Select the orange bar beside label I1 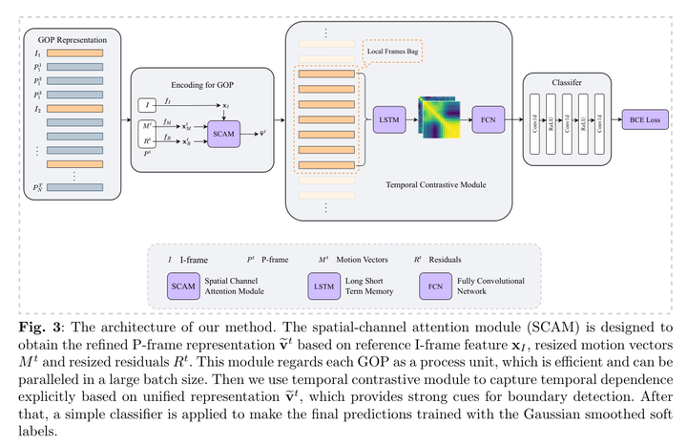tap(81, 54)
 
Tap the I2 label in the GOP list tap(38, 109)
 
